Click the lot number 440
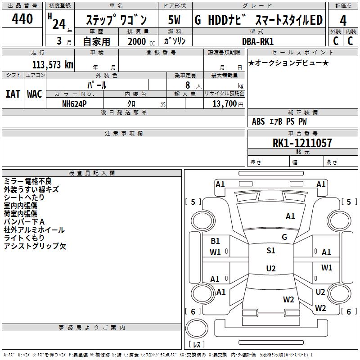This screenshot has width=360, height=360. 22,19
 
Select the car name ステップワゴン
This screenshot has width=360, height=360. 116,21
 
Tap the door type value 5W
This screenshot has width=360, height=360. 174,20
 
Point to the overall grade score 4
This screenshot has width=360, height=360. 343,20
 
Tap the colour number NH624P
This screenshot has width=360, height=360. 74,103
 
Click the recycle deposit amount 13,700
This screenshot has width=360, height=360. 225,103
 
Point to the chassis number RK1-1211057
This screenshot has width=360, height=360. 302,143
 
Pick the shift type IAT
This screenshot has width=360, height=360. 13,94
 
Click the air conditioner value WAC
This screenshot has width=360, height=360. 34,94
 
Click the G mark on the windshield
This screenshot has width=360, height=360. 284,237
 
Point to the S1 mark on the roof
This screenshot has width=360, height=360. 270,251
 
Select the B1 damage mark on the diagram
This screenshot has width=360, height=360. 216,241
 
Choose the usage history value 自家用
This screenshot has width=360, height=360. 96,42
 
